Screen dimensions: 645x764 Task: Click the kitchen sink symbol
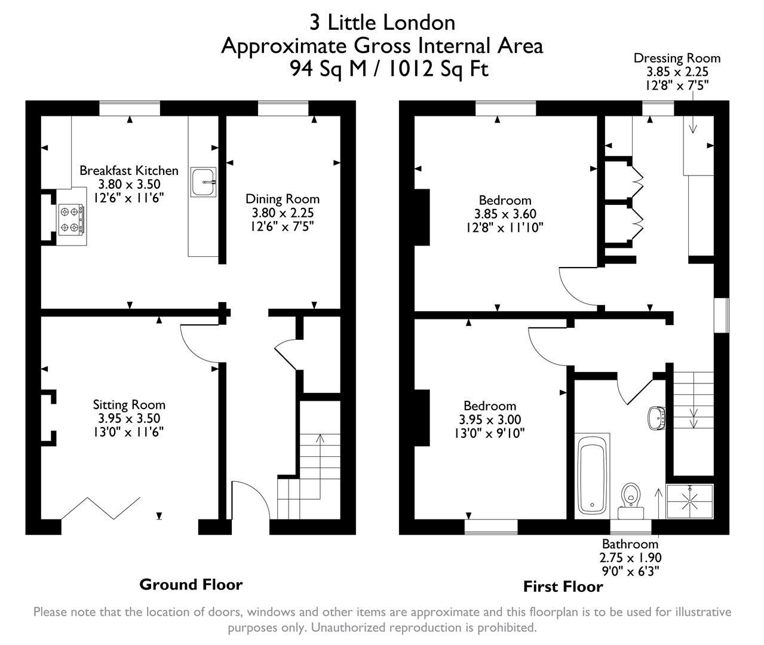pos(204,182)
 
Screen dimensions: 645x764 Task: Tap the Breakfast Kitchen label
pos(129,171)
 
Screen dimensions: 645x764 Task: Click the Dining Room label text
pos(283,199)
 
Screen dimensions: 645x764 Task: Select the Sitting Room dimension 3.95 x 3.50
pos(129,419)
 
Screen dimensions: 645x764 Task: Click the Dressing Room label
pos(677,59)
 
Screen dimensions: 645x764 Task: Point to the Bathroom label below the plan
pos(630,544)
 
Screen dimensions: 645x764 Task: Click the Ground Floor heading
pos(191,584)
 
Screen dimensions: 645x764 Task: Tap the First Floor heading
pos(563,586)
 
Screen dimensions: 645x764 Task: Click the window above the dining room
pos(283,108)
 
